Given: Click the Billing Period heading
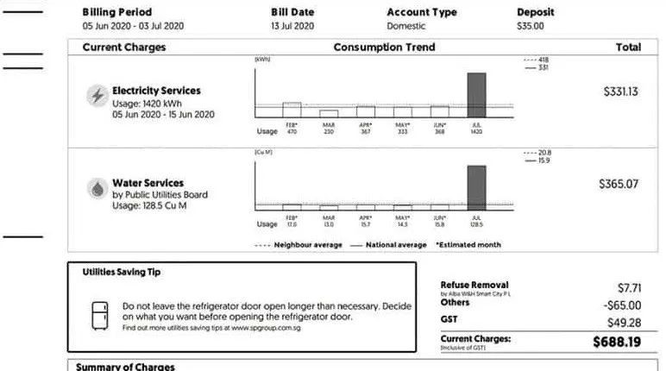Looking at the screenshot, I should point(116,12).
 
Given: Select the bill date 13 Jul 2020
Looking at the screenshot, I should point(291,26).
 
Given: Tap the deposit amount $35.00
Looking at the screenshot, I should point(531,26).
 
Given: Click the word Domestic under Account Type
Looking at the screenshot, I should point(406,26).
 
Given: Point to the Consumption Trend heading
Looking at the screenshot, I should point(384,47).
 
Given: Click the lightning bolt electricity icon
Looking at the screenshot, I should point(97,96).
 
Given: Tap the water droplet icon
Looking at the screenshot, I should point(97,188).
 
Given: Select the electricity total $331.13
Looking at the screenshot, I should point(620,91).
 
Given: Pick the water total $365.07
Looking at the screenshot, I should point(619,184).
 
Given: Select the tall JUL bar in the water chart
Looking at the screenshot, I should point(476,186).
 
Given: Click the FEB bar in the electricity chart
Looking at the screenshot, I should point(292,110).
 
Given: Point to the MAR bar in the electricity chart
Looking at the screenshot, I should point(329,113).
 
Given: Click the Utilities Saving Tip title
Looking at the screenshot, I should point(121,272).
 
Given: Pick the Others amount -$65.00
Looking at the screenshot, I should point(623,305).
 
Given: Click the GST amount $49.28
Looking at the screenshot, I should point(624,323).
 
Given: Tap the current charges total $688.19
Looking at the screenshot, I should point(617,342).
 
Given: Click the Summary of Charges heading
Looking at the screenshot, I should point(125,367).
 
